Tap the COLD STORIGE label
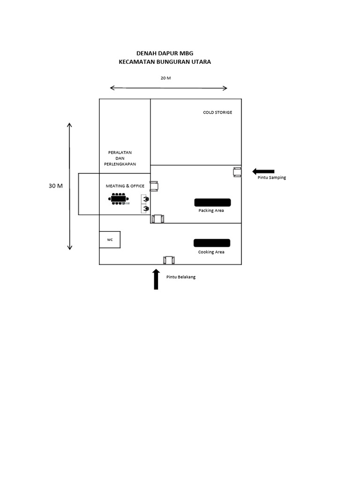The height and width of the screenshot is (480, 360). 217,112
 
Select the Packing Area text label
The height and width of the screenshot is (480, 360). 211,210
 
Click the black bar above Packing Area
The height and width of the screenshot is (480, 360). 212,202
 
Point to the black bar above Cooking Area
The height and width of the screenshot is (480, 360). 212,243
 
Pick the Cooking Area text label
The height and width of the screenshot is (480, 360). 211,252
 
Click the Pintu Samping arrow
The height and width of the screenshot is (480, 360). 263,172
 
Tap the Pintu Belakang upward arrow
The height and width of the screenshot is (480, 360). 156,279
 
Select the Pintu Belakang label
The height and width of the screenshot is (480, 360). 181,277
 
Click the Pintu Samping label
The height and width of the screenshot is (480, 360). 272,178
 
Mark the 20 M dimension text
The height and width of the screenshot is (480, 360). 165,78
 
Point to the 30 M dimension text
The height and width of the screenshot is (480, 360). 56,186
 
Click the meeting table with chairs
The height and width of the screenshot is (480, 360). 119,199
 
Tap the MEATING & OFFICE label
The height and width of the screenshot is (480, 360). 125,186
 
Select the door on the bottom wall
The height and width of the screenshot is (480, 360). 169,260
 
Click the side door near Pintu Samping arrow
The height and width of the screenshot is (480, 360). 237,172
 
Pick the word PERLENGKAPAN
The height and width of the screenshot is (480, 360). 120,164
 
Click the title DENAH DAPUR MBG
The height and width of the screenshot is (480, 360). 165,53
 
